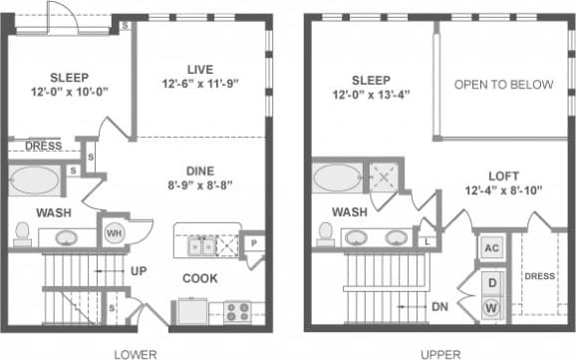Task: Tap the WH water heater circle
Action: click(115, 232)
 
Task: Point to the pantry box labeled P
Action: click(255, 242)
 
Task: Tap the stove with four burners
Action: click(237, 309)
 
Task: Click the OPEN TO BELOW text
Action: click(503, 85)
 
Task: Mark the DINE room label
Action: click(203, 170)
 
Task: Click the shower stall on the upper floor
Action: click(384, 176)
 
